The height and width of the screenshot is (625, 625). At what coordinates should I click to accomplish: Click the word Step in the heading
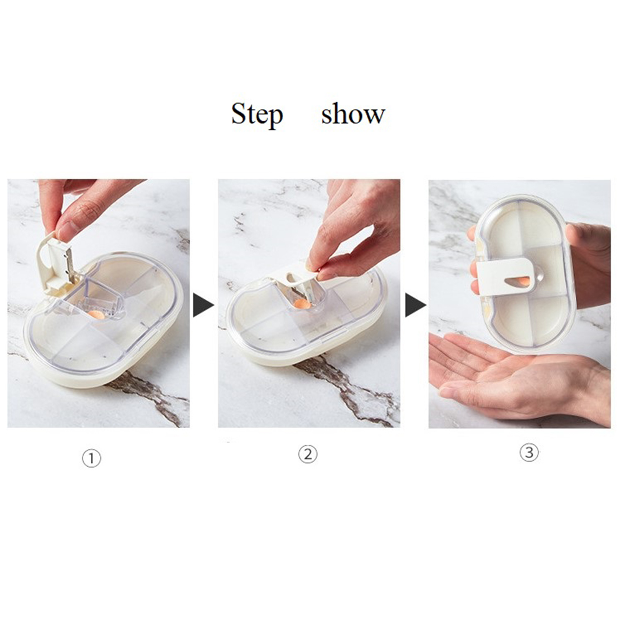click(x=257, y=115)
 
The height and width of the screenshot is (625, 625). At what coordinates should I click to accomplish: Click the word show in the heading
click(x=353, y=114)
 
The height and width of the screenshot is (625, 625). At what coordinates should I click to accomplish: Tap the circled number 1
click(x=91, y=458)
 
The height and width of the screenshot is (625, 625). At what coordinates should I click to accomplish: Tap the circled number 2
click(x=308, y=454)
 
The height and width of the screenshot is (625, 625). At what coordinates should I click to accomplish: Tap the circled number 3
click(x=529, y=452)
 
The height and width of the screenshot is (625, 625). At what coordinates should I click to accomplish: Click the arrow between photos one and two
click(x=203, y=305)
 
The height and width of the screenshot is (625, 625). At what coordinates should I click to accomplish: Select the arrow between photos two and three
click(x=415, y=305)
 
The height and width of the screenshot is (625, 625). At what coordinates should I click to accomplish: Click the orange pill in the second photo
click(x=303, y=305)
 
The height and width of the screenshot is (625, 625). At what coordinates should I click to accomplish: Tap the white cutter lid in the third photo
click(x=507, y=276)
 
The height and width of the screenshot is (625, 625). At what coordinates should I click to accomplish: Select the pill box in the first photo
click(x=104, y=319)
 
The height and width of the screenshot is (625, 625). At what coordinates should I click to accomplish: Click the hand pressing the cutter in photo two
click(x=355, y=227)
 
